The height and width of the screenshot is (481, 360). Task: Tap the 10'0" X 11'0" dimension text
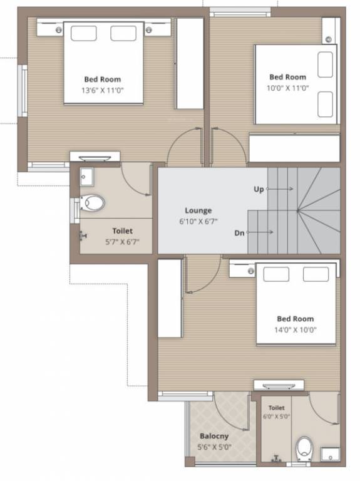coord(287,88)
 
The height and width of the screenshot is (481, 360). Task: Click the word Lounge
coord(198,210)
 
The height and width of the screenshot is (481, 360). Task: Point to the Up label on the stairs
coord(259,189)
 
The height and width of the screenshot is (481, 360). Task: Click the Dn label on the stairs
coord(239,232)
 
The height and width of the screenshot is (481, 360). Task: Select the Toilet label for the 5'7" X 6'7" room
coord(122,231)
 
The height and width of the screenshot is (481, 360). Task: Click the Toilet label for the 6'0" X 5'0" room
coord(276,407)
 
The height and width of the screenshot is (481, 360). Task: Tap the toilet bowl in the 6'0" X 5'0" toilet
coord(304,447)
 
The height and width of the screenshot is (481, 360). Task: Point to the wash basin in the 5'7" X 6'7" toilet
coord(86,177)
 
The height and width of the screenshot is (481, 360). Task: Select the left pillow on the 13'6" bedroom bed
coord(83,33)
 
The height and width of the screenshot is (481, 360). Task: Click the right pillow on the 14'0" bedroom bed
coord(316,274)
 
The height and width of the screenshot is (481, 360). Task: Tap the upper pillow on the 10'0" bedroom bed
coord(325,63)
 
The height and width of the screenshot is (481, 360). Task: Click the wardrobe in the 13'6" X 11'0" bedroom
coord(189,63)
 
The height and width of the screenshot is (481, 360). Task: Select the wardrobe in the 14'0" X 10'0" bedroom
coord(170,298)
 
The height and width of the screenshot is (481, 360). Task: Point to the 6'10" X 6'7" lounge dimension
coord(198,221)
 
